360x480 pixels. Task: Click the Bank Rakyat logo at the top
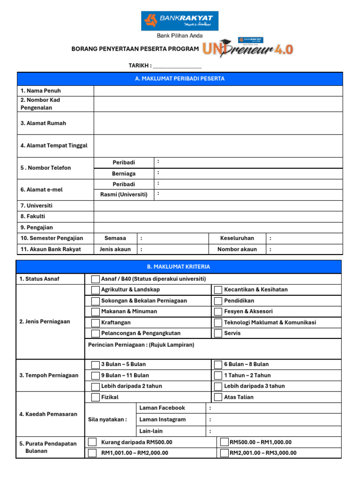[x=180, y=21]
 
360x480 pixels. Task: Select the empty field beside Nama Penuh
[x=218, y=91]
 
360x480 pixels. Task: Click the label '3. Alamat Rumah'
[x=43, y=123]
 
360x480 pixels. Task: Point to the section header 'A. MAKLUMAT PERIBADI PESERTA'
[x=180, y=79]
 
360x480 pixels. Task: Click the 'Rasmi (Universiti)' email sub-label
[x=124, y=194]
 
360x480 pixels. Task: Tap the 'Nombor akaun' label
[x=237, y=249]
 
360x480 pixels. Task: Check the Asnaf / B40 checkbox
[x=95, y=279]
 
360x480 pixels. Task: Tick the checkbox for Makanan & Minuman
[x=95, y=312]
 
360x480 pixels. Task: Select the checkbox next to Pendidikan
[x=218, y=301]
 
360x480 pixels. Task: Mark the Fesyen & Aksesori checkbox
[x=218, y=312]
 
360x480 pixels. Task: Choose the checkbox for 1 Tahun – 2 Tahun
[x=218, y=375]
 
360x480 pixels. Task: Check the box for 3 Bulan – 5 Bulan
[x=95, y=365]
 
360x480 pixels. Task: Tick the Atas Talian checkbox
[x=218, y=397]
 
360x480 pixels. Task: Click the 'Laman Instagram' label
[x=162, y=420]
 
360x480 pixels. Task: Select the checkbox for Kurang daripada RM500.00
[x=93, y=442]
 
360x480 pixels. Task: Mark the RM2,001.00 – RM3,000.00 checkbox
[x=224, y=453]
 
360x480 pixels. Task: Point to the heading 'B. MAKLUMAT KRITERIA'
[x=179, y=267]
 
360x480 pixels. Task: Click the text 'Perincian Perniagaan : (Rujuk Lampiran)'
[x=141, y=345]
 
